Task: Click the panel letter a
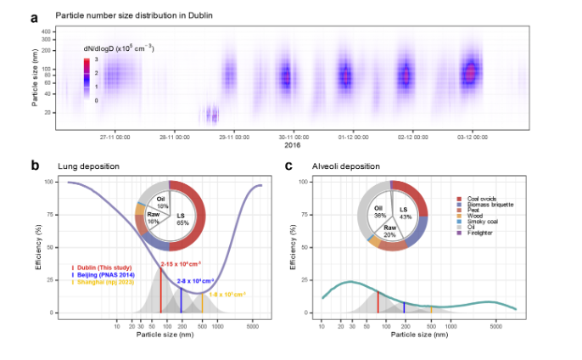pos(35,16)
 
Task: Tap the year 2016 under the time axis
pos(291,145)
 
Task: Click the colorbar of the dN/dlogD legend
pos(85,79)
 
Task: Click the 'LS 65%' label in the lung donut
pos(185,217)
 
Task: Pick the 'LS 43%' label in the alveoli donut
pos(404,213)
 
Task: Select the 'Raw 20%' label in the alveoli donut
pos(392,231)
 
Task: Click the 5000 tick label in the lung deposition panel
pos(253,325)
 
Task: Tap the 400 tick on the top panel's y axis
pos(46,31)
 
